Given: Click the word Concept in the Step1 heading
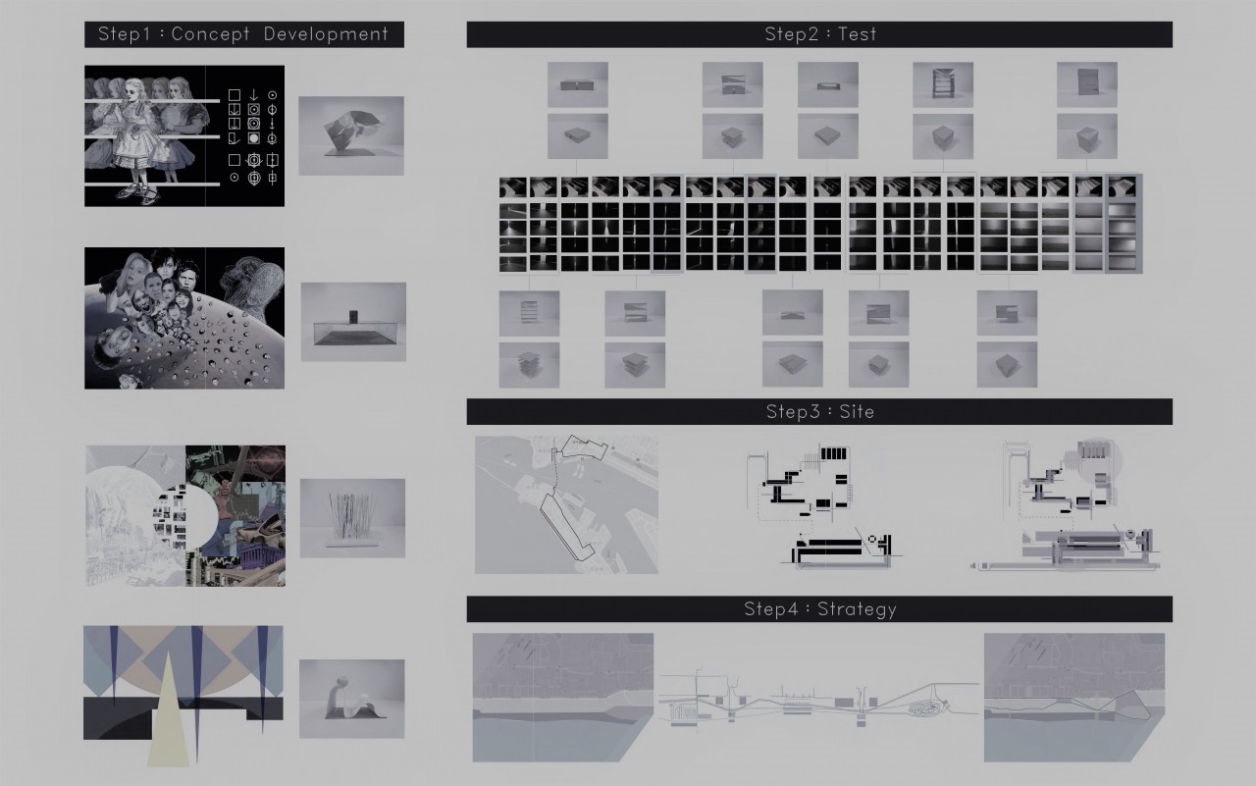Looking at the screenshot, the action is coord(210,34).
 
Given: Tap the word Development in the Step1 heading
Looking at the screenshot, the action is coord(326,34).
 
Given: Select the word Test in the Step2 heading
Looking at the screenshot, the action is coord(857,34).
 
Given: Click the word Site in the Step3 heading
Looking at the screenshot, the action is coord(857,412).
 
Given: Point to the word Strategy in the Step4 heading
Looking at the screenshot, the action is coord(857,609).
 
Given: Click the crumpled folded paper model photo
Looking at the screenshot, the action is coord(351,135).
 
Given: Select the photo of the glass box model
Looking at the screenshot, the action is coord(353,322).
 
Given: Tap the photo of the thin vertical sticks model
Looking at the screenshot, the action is coord(352,518).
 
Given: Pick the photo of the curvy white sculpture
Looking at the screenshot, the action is coord(351,699).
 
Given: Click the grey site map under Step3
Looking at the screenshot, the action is coord(566,504).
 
